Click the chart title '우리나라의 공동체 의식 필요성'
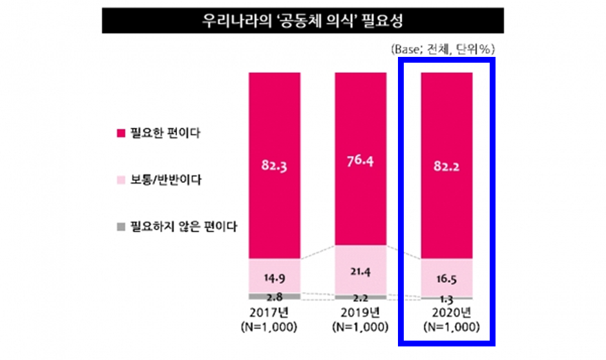point(303,21)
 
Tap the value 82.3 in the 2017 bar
point(275,165)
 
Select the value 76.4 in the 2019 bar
point(360,160)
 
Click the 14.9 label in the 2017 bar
point(275,279)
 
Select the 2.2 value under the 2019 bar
point(360,299)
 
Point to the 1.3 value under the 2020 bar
point(446,299)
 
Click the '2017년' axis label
point(275,313)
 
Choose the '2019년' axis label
point(360,313)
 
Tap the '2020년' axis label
point(446,313)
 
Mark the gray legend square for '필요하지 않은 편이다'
point(120,227)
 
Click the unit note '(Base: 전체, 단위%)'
point(442,48)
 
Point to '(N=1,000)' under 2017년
point(275,327)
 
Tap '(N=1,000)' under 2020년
point(446,327)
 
